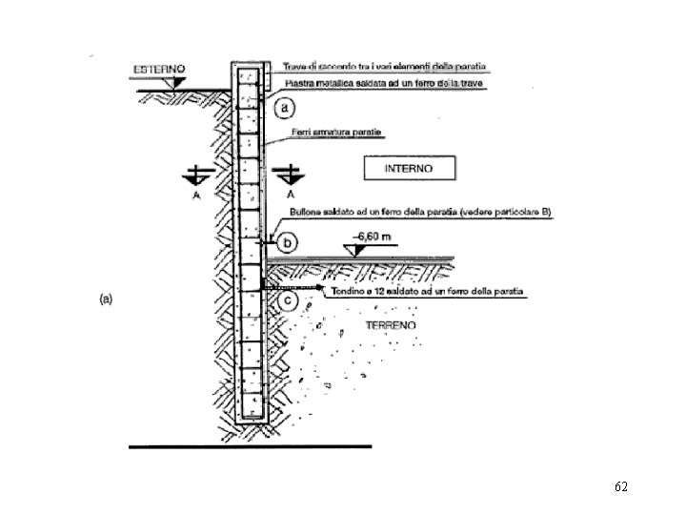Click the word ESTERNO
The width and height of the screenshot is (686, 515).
[159, 69]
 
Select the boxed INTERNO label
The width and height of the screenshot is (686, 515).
[409, 168]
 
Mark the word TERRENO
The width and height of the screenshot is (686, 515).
[391, 326]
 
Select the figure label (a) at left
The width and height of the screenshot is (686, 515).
[107, 299]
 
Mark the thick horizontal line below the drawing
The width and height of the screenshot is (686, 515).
[250, 445]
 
